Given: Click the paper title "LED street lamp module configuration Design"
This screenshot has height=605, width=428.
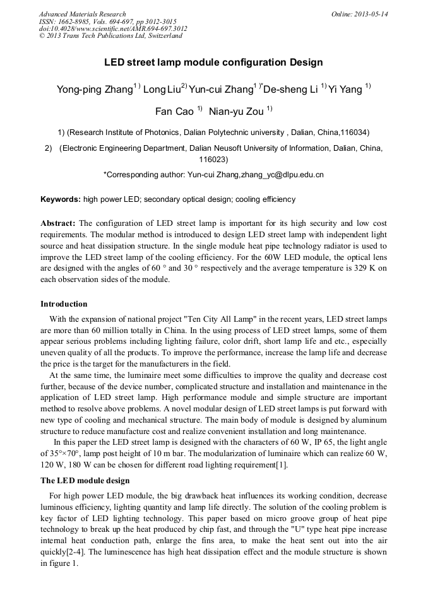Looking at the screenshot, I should tap(213, 62).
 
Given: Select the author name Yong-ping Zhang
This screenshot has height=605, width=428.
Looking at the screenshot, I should tap(94, 90).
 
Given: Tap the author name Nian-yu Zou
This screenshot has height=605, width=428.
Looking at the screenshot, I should tap(237, 112).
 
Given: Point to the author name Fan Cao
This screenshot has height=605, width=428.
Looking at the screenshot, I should tap(174, 112).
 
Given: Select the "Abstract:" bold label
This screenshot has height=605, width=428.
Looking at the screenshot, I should tap(58, 223).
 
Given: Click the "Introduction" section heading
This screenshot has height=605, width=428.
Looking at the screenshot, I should tap(64, 304).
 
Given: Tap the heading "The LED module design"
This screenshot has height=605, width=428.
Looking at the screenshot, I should tap(85, 481).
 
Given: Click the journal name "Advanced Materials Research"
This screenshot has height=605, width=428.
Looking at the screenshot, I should tap(82, 14).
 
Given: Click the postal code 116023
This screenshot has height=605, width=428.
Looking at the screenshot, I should tap(213, 160).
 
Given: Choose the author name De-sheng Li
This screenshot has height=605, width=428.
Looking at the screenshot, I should tap(290, 90).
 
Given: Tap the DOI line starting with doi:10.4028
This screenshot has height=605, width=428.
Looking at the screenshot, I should tap(113, 28).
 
